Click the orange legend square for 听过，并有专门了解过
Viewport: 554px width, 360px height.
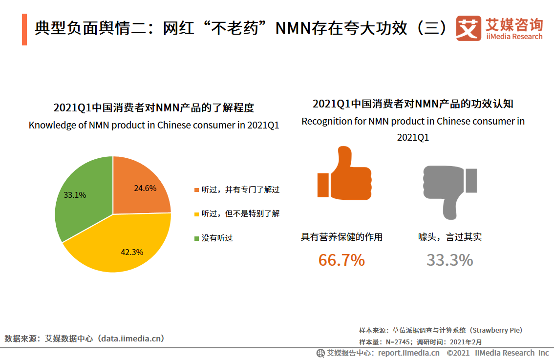[196, 190]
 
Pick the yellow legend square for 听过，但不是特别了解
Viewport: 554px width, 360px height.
[196, 214]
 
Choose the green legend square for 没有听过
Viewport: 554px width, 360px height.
[196, 238]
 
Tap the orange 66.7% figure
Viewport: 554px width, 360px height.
[341, 260]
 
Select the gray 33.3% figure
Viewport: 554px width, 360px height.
[449, 260]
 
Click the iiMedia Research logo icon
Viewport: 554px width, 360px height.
[469, 28]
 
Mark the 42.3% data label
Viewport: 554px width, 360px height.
[132, 252]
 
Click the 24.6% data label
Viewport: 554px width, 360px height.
[145, 188]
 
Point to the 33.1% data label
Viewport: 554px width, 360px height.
[75, 195]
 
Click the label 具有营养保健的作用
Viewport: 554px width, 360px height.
[341, 237]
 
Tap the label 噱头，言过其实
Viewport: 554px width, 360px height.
[449, 237]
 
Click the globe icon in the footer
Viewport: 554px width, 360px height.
[320, 353]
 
